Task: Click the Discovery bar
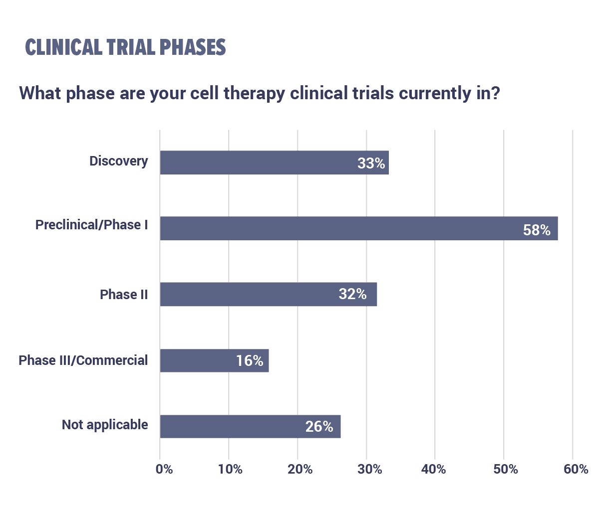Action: pyautogui.click(x=275, y=163)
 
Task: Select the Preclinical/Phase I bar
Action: pyautogui.click(x=359, y=228)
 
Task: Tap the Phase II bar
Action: pyautogui.click(x=269, y=294)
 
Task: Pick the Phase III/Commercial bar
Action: pyautogui.click(x=215, y=360)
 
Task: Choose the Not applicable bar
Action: pyautogui.click(x=251, y=426)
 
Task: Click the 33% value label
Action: pyautogui.click(x=371, y=163)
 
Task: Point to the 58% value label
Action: pyautogui.click(x=537, y=230)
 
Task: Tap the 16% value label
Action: pyautogui.click(x=250, y=360)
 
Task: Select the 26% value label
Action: pyautogui.click(x=319, y=426)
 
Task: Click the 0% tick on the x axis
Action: pyautogui.click(x=164, y=469)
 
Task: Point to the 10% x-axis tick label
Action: pyautogui.click(x=230, y=469)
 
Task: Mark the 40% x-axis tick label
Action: pyautogui.click(x=433, y=469)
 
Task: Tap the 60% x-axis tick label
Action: pyautogui.click(x=576, y=469)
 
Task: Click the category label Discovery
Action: pyautogui.click(x=118, y=161)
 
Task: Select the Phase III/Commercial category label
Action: pyautogui.click(x=83, y=360)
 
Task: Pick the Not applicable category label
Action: pyautogui.click(x=105, y=425)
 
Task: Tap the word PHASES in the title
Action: pyautogui.click(x=192, y=47)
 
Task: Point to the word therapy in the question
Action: pyautogui.click(x=254, y=94)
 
